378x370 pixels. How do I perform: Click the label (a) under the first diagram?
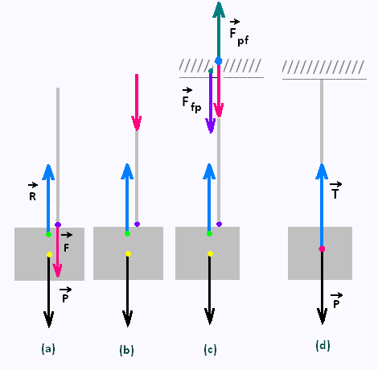pyautogui.click(x=48, y=349)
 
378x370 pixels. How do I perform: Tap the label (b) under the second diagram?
pyautogui.click(x=126, y=350)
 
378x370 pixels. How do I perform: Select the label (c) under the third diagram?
pyautogui.click(x=210, y=350)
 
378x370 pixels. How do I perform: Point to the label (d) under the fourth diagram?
pyautogui.click(x=323, y=346)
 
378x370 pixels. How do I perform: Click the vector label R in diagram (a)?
pyautogui.click(x=33, y=192)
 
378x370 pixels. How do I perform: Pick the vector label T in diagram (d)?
pyautogui.click(x=335, y=190)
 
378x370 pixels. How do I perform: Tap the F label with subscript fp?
pyautogui.click(x=191, y=100)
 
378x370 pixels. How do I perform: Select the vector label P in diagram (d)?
pyautogui.click(x=336, y=301)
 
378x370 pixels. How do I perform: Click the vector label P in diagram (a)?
pyautogui.click(x=65, y=294)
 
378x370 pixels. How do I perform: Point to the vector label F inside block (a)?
pyautogui.click(x=66, y=242)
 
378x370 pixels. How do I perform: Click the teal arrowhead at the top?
pyautogui.click(x=219, y=10)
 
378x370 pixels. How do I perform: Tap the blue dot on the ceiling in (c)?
pyautogui.click(x=219, y=61)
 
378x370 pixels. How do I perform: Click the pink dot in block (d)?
pyautogui.click(x=322, y=249)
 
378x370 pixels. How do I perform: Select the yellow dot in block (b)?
pyautogui.click(x=128, y=254)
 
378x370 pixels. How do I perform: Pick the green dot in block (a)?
pyautogui.click(x=48, y=235)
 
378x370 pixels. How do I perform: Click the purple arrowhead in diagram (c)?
pyautogui.click(x=211, y=125)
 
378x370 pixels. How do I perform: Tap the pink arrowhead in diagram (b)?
pyautogui.click(x=137, y=123)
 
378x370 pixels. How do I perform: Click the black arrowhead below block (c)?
pyautogui.click(x=209, y=316)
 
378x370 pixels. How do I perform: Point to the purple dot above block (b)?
pyautogui.click(x=137, y=224)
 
